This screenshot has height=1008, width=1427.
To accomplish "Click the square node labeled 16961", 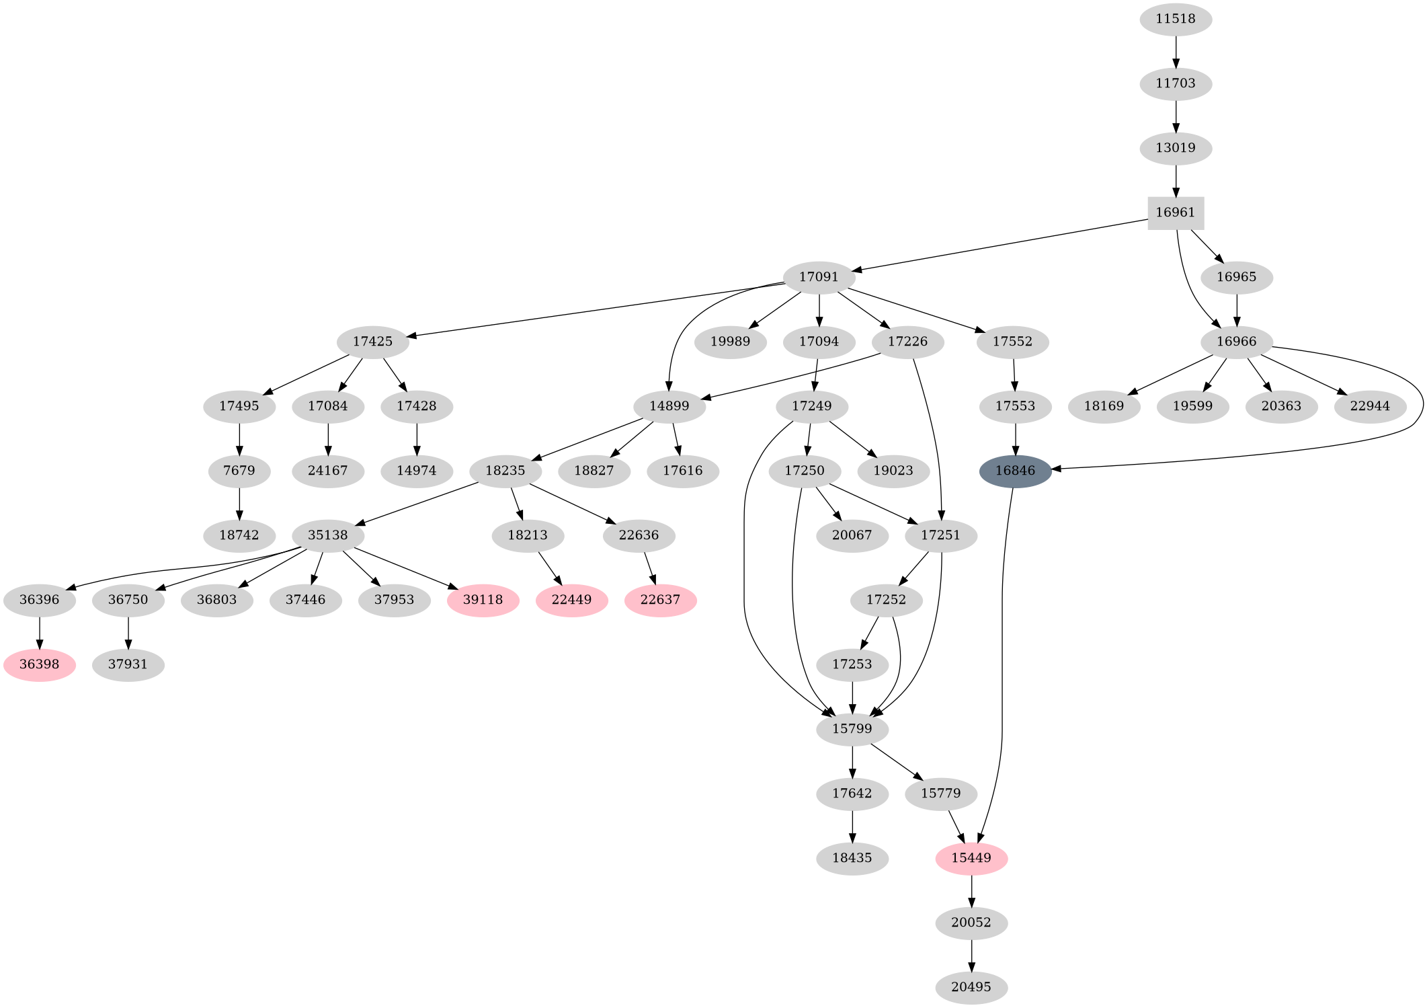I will (1175, 212).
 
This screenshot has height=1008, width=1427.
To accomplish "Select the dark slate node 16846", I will (1015, 471).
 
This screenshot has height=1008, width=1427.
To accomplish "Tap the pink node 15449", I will (971, 858).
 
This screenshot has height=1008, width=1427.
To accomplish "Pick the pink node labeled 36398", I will (40, 664).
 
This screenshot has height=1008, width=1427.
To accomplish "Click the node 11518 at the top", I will (1176, 19).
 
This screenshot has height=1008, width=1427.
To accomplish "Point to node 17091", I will (819, 277).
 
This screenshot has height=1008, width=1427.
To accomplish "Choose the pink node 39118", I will (483, 600).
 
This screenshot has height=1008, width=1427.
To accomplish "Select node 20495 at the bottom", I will (971, 987).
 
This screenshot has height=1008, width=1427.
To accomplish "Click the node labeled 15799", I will (852, 729).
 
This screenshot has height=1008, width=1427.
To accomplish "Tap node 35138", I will (328, 535).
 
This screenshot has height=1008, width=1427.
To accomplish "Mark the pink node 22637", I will (660, 600).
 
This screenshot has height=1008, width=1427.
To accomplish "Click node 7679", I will (239, 471).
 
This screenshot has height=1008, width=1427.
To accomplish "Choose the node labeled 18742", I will (239, 535).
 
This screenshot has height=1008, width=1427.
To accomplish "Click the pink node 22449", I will (571, 600).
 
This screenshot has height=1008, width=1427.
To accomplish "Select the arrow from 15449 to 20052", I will (971, 890).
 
